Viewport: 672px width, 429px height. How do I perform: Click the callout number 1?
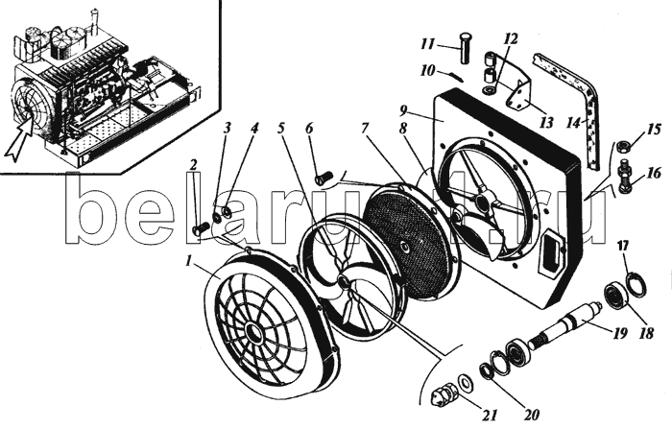point(188,261)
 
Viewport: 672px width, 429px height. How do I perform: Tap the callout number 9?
point(404,111)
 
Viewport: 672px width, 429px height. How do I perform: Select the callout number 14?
point(573,123)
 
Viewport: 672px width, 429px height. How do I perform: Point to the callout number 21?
point(491,415)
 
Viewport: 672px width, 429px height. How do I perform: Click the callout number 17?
point(623,247)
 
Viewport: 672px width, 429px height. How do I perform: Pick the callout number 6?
point(309,129)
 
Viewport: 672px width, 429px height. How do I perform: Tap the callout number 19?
point(620,333)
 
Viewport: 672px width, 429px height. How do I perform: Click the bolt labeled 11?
point(465,48)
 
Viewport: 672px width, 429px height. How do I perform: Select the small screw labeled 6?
point(324,177)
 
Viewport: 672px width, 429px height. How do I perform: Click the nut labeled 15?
point(622,147)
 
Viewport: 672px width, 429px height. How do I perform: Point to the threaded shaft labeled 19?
point(563,324)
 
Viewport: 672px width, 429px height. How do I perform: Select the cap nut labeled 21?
point(442,391)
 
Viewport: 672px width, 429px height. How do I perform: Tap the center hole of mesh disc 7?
point(406,246)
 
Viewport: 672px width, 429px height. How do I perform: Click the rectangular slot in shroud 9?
point(552,251)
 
